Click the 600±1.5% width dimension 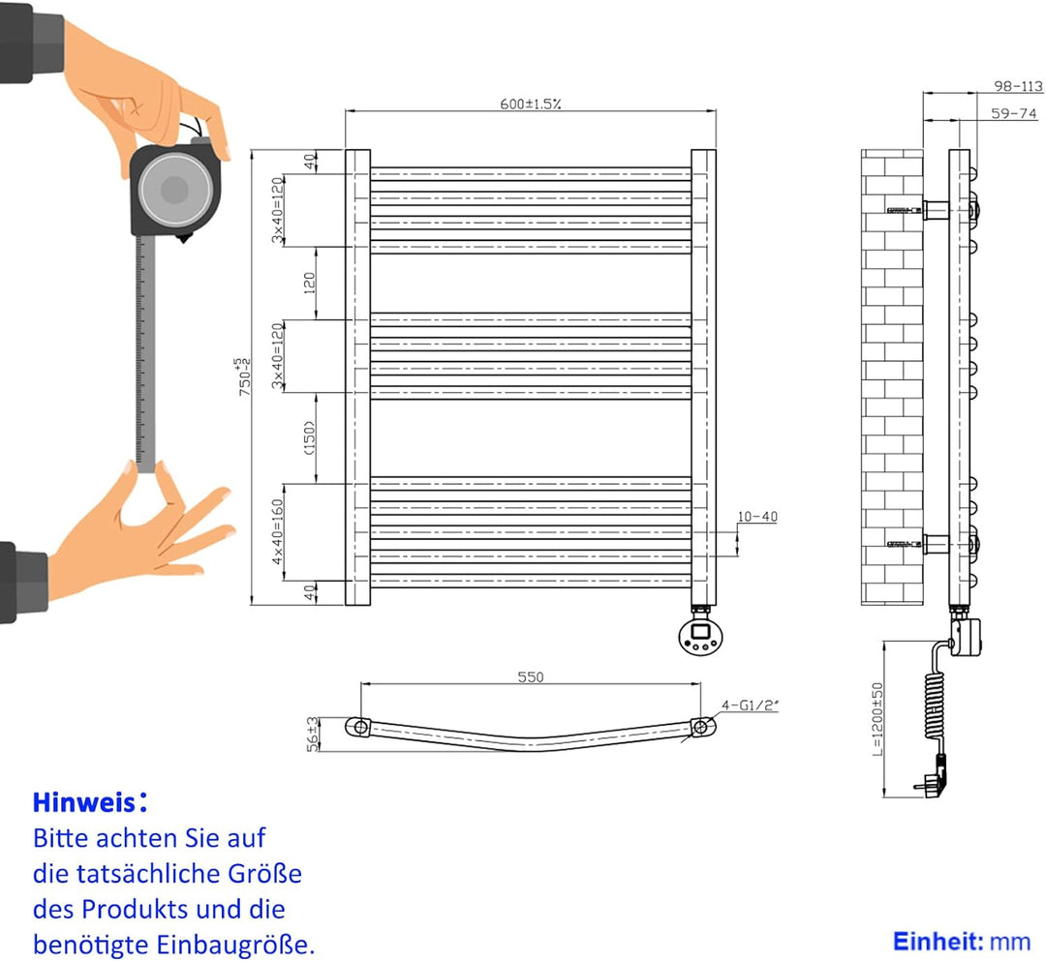[x=531, y=104]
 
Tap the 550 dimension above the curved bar [x=531, y=676]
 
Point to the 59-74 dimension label [x=1013, y=113]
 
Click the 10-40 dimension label [x=755, y=516]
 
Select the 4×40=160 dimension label [x=277, y=531]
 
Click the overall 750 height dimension [x=243, y=375]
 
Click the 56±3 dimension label [x=313, y=735]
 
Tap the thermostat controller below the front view [x=700, y=634]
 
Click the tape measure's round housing [x=174, y=191]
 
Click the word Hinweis [x=83, y=802]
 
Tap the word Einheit [x=925, y=941]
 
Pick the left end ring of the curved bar [x=360, y=726]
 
